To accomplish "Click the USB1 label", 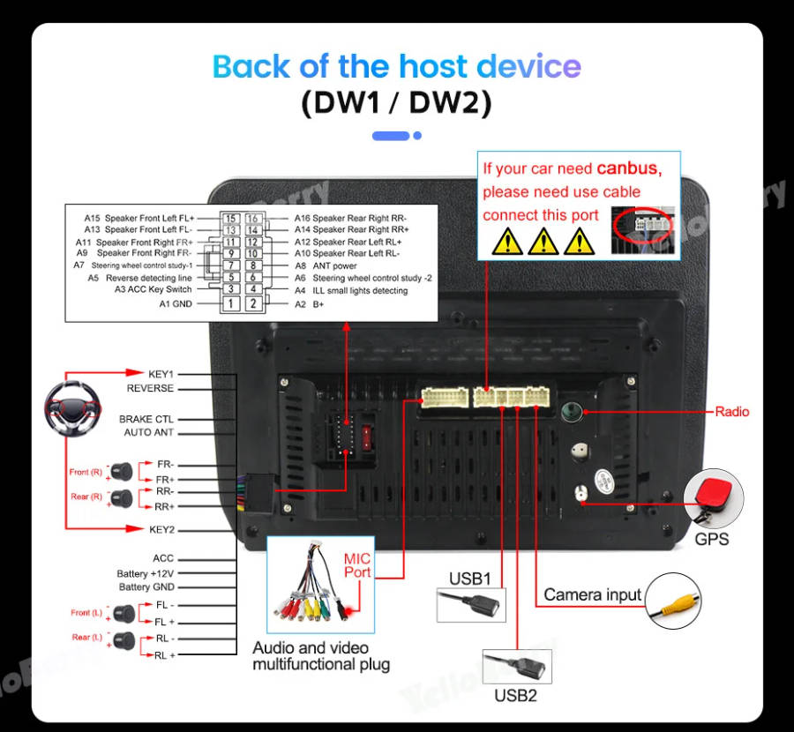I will pos(469,579).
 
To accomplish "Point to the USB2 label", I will pos(515,696).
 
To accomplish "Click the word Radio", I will pos(731,412).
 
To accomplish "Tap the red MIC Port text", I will pos(357,565).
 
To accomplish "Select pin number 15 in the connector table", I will pos(230,219).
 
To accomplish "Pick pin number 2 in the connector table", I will pos(252,303).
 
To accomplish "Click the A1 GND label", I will pos(175,303).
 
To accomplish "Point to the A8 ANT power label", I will pos(326,265).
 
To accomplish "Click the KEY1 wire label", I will pos(161,374).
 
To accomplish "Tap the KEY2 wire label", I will pos(161,529).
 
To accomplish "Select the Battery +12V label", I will pos(146,573).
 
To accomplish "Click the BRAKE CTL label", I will pos(146,419).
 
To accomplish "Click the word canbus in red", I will pos(627,168).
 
